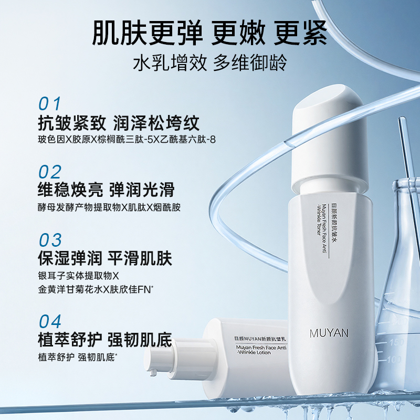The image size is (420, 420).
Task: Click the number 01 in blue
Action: pyautogui.click(x=50, y=103)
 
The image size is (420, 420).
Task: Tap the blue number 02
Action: pyautogui.click(x=50, y=172)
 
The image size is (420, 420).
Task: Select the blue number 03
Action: pyautogui.click(x=50, y=240)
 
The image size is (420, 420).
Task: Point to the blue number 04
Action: pyautogui.click(x=50, y=321)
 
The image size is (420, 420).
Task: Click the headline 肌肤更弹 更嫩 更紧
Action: pyautogui.click(x=210, y=33)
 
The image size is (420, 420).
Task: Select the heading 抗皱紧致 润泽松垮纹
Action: pyautogui.click(x=119, y=123)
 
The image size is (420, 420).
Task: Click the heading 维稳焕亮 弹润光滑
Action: pyautogui.click(x=106, y=190)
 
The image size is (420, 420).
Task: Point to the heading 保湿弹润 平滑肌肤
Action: pyautogui.click(x=105, y=259)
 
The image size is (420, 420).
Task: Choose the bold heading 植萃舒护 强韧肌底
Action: pyautogui.click(x=105, y=340)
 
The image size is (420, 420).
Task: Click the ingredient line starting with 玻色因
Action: pyautogui.click(x=119, y=140)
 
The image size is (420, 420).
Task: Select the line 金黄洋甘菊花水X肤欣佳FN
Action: pyautogui.click(x=98, y=289)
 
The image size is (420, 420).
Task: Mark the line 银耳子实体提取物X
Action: pyautogui.click(x=79, y=276)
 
